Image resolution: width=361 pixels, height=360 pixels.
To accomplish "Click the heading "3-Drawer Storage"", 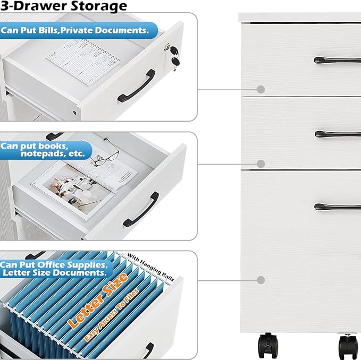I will click(64, 6).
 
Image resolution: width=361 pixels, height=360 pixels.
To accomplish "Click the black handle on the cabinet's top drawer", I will click(337, 61).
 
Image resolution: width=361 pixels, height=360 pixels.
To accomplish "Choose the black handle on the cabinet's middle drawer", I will click(337, 134).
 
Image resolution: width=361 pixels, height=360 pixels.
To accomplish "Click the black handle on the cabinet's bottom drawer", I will click(337, 207).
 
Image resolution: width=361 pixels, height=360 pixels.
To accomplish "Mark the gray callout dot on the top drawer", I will click(261, 89).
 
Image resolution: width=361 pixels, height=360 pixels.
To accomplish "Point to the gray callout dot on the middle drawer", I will click(261, 164).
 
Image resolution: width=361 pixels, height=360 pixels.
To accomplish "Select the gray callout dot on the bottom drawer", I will click(261, 280).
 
